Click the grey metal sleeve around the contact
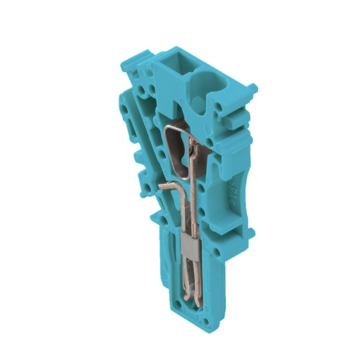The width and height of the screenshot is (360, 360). pyautogui.click(x=192, y=249)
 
